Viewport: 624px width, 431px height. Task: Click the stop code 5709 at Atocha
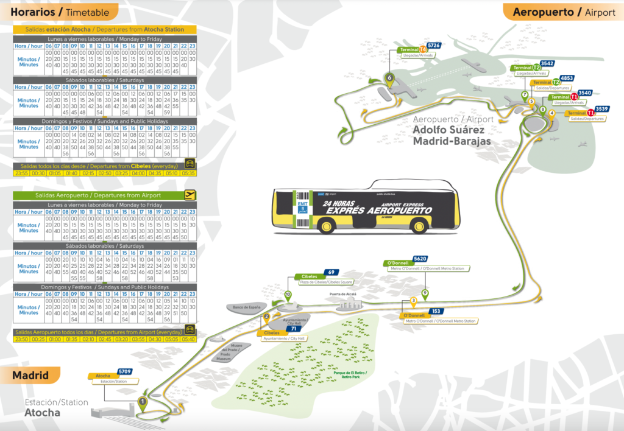coord(125,371)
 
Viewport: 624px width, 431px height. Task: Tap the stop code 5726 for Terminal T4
coord(434,45)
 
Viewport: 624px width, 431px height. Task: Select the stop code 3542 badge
coord(547,63)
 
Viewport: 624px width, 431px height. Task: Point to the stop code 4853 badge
coord(567,78)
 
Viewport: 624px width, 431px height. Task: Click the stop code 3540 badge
coord(584,93)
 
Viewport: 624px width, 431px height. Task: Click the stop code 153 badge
coord(436,311)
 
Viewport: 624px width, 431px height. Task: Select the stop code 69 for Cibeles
coord(331,272)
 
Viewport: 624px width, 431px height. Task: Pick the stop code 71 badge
coord(293,329)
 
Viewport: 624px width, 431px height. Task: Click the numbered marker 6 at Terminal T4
coord(389,77)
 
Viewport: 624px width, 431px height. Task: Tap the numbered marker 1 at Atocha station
coord(142,401)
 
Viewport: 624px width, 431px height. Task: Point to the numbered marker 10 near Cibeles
coord(288,295)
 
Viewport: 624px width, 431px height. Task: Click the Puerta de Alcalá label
coord(342,294)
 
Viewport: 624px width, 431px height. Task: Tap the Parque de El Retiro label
coord(359,374)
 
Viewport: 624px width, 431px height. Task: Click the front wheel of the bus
coord(326,226)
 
